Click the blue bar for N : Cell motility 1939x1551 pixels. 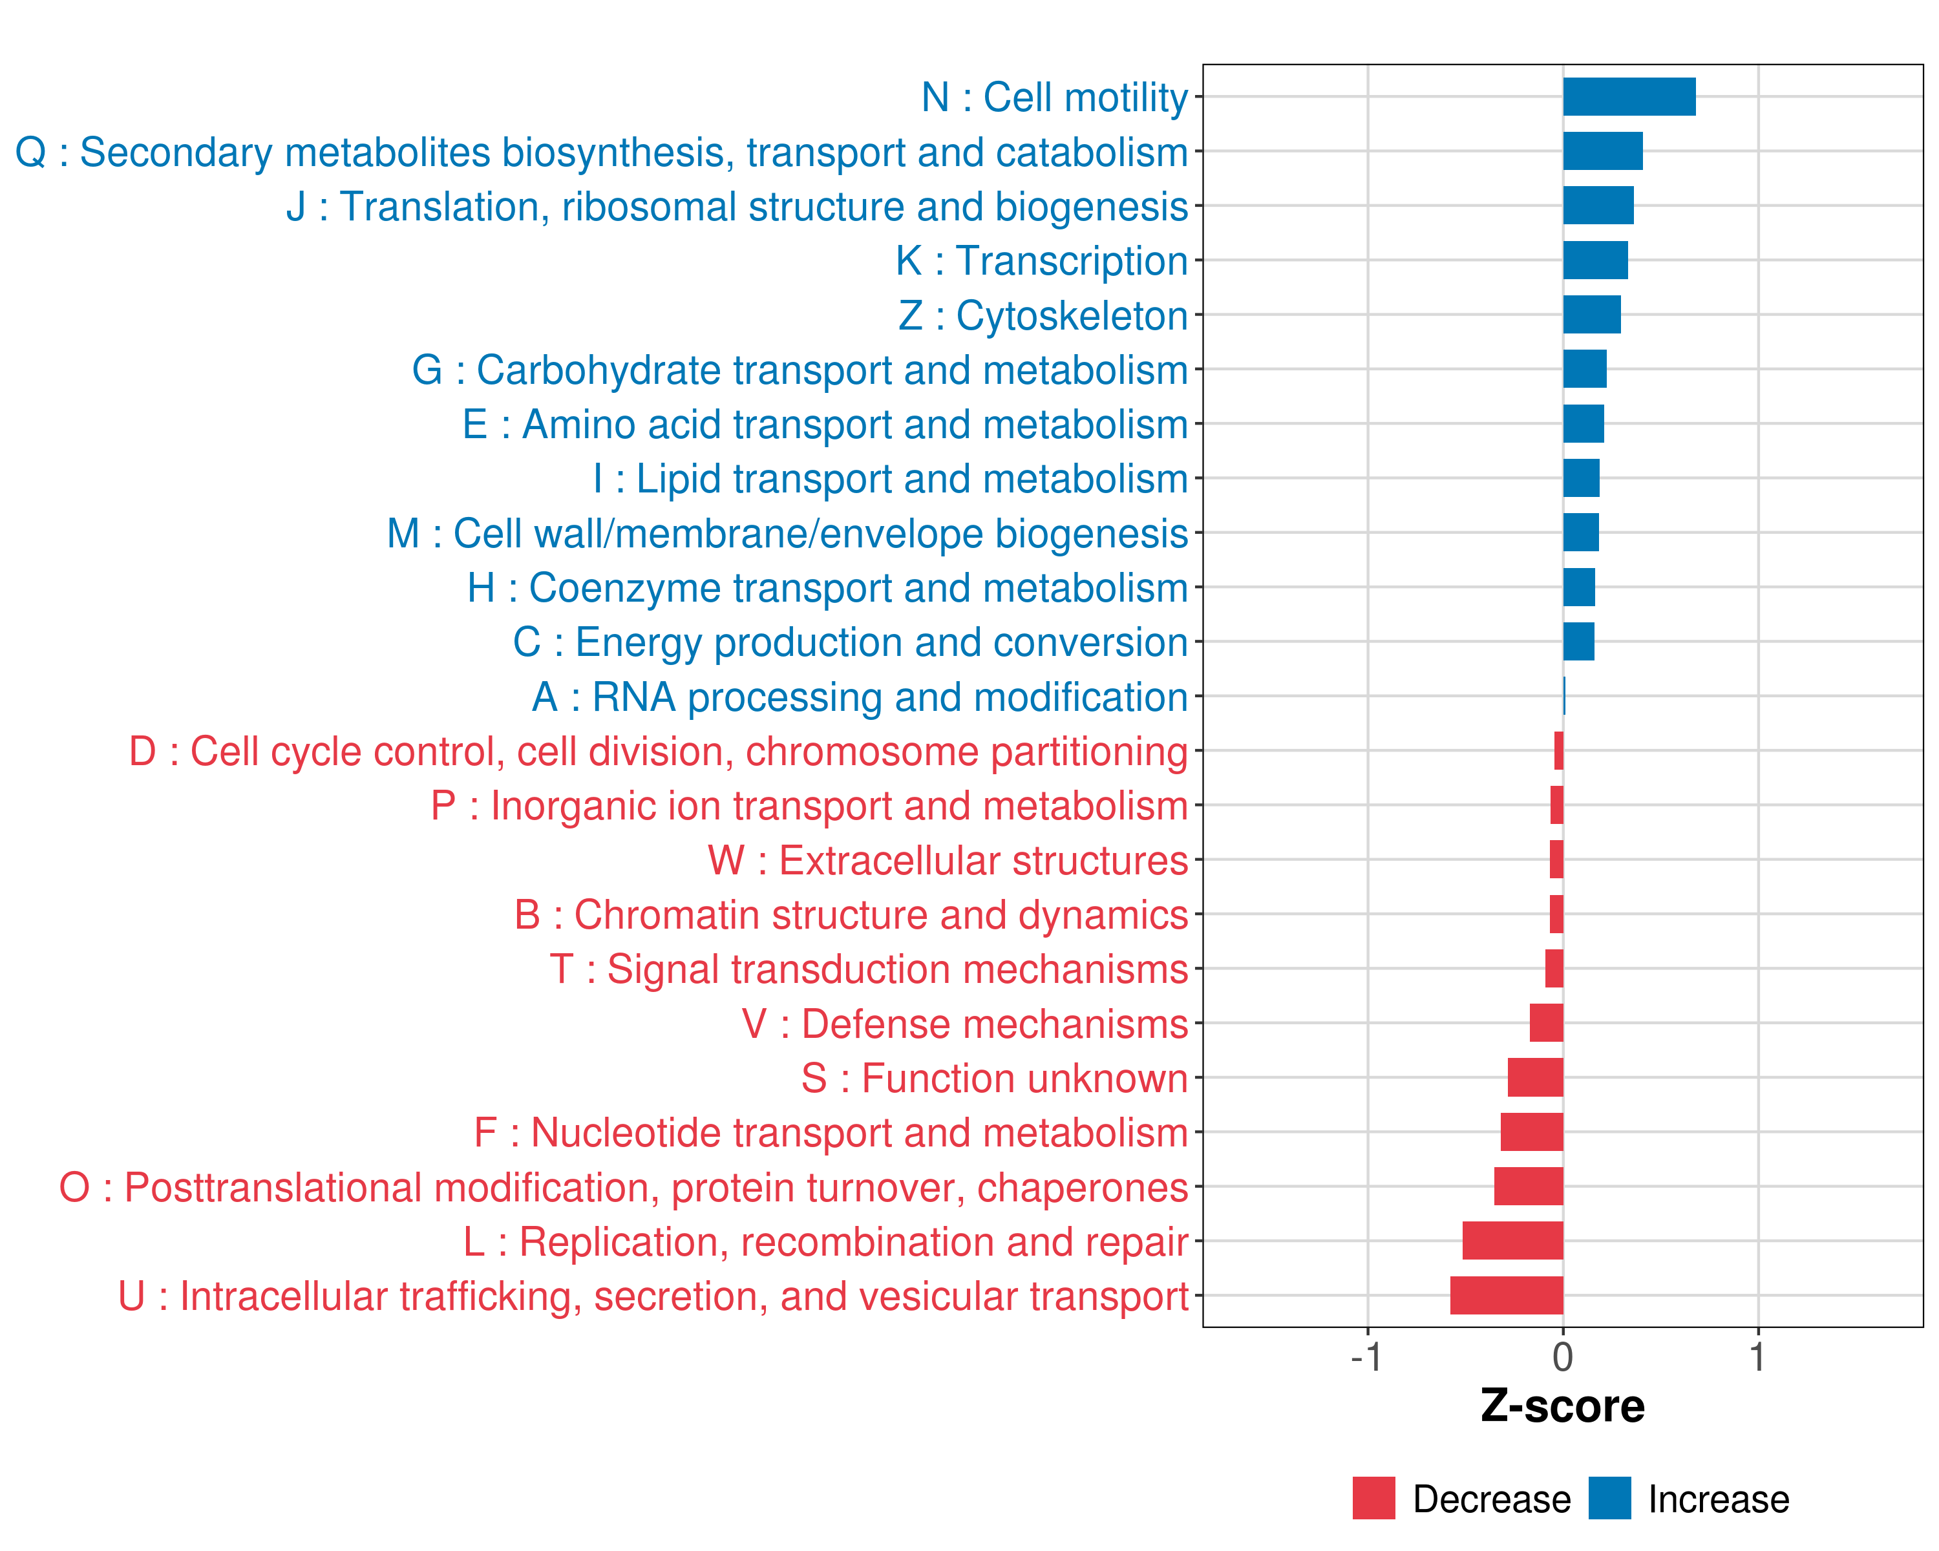point(1629,97)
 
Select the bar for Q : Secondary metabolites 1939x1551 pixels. point(1603,151)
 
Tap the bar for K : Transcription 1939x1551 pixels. point(1595,260)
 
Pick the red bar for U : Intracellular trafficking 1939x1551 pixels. point(1507,1296)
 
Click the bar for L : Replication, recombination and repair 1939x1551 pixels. point(1512,1241)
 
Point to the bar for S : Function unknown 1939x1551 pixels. point(1535,1078)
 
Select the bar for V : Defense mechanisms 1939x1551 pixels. point(1546,1023)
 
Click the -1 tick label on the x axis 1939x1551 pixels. point(1366,1356)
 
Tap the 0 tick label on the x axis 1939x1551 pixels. point(1563,1356)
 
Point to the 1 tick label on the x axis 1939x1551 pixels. point(1757,1356)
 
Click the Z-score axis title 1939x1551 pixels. point(1562,1406)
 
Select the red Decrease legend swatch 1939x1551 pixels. point(1373,1498)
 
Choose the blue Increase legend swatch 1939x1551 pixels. point(1609,1498)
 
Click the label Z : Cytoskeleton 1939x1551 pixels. point(1043,315)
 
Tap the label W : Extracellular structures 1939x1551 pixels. point(948,860)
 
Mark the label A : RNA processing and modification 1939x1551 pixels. point(860,697)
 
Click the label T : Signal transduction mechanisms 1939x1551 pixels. point(869,969)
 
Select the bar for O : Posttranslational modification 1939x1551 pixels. point(1528,1187)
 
